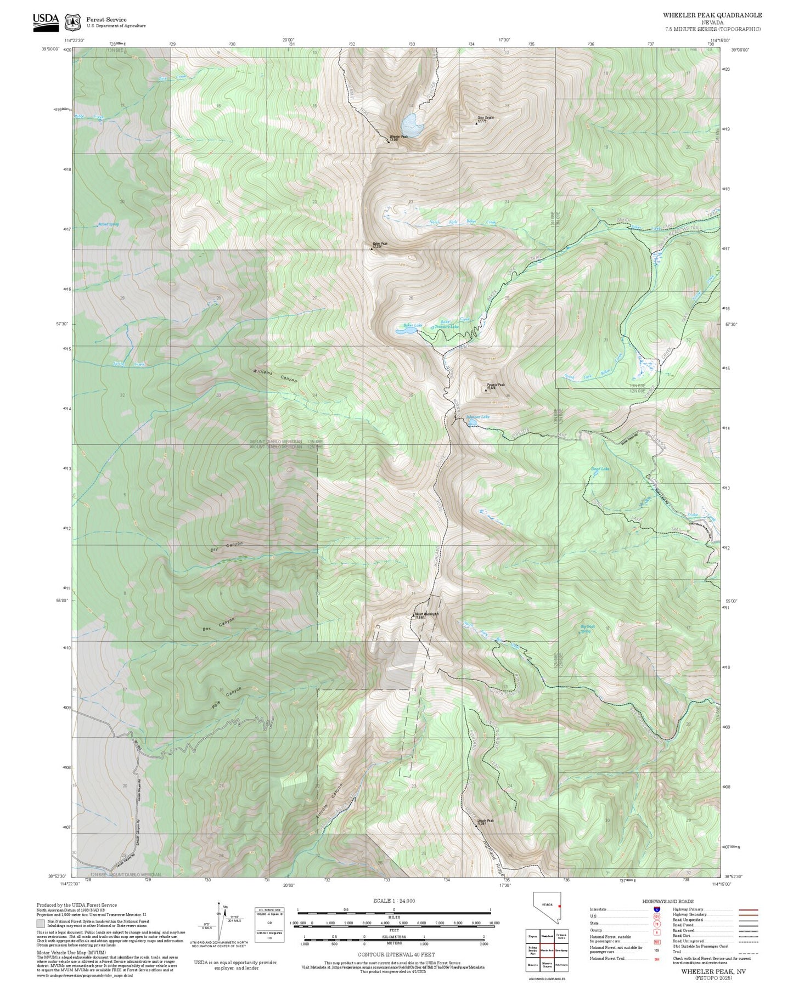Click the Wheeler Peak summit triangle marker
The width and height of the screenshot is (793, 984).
[388, 140]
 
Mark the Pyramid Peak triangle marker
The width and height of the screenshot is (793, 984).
[485, 390]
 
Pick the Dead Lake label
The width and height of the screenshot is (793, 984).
[600, 469]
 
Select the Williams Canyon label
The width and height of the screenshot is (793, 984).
[275, 376]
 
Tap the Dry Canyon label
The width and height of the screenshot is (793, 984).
[226, 547]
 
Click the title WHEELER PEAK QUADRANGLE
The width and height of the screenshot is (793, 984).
[712, 15]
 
